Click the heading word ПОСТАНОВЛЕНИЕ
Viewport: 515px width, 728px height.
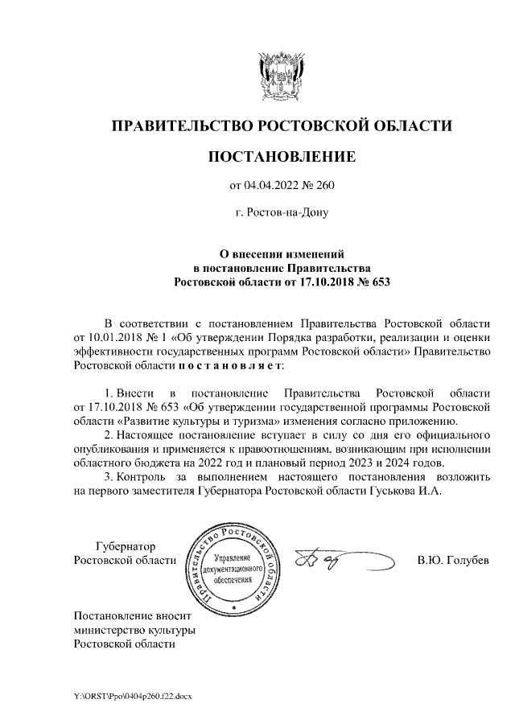coord(281,156)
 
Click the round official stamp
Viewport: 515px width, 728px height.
coord(232,567)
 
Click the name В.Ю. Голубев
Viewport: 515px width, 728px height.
coord(452,560)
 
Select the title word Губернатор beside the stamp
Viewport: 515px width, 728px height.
coord(125,545)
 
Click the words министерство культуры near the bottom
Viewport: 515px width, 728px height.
coord(134,630)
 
